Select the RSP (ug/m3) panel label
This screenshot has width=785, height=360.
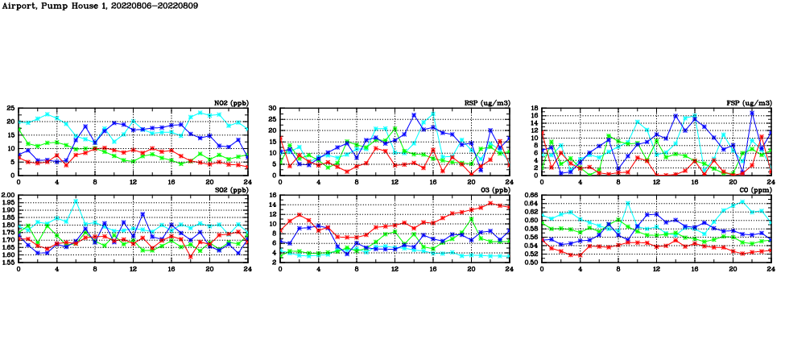(488, 103)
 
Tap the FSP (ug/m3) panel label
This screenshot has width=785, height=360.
(749, 103)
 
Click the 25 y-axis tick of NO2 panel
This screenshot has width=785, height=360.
(10, 108)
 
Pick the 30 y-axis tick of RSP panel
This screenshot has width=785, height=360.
(272, 108)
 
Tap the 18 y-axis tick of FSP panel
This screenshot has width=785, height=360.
(534, 108)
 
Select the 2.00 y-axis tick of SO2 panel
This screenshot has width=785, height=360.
(7, 196)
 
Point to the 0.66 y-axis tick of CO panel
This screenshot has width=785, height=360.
(529, 196)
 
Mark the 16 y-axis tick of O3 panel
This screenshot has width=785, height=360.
(272, 196)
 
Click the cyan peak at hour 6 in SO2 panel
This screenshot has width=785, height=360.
(76, 201)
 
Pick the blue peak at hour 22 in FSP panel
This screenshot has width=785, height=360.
(751, 113)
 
